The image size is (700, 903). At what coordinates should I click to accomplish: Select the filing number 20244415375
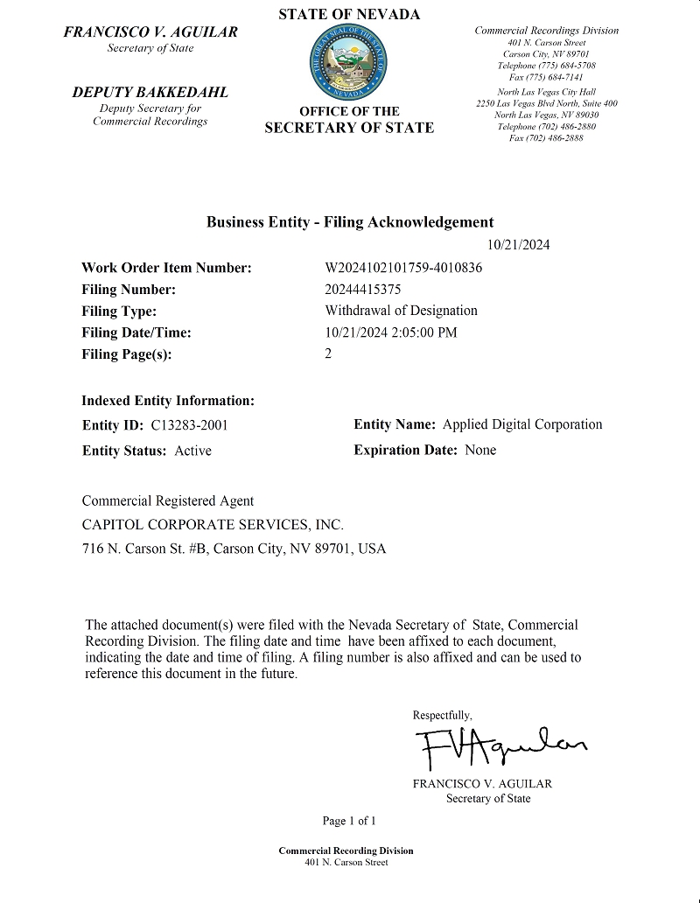pos(362,290)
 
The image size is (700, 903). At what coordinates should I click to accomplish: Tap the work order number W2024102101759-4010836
pos(403,268)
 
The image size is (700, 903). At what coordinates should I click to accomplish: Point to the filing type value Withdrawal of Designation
pos(401,311)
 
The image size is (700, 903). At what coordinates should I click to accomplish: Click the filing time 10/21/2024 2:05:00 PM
pos(390,332)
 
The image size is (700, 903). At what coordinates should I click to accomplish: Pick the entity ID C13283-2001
pos(190,425)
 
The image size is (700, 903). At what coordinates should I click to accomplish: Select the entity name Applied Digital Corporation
pos(522,424)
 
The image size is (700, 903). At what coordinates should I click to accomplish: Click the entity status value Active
pos(192,451)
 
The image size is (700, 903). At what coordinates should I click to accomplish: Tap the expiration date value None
pos(480,450)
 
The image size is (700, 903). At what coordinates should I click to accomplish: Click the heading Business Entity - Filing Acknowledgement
pos(350,222)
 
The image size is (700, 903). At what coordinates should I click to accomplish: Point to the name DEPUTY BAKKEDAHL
pos(150,93)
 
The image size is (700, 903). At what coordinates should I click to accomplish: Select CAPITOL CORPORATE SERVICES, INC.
pos(213,525)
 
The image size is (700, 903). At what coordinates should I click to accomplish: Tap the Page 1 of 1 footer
pos(349,821)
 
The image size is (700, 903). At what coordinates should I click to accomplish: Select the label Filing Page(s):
pos(127,354)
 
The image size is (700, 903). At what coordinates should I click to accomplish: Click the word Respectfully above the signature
pos(442,715)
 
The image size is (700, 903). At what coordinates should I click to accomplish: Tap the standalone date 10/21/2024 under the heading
pos(518,245)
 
